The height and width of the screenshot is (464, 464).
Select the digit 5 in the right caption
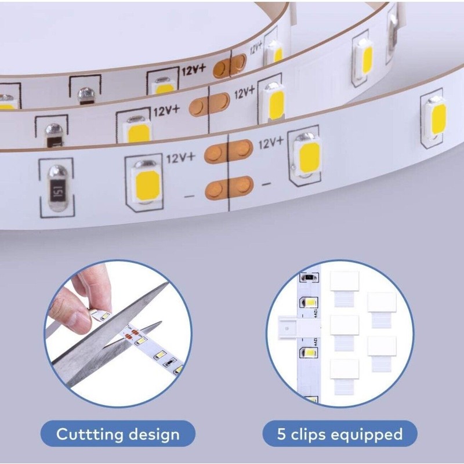pos(282,434)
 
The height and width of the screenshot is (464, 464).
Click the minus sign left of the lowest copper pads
pos(188,197)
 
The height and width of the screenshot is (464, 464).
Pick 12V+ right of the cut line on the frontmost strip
pos(270,142)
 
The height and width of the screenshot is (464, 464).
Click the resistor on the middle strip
pos(53,129)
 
